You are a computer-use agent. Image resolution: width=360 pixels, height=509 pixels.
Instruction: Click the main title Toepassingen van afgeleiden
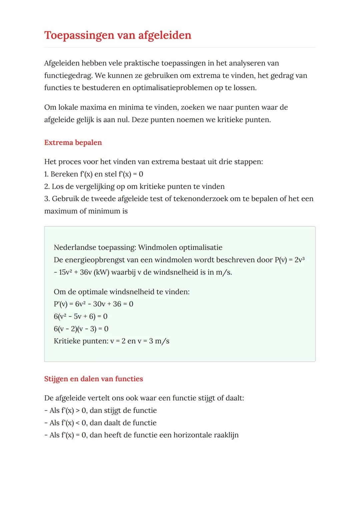tap(118, 35)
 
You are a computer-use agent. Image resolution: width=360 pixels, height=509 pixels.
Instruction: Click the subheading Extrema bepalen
tap(73, 142)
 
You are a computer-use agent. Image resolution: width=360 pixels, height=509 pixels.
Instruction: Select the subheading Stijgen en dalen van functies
tap(93, 379)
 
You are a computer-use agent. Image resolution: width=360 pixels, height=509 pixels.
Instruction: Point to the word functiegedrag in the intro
tap(68, 76)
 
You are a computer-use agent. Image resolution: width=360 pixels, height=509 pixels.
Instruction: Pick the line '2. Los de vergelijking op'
tap(134, 186)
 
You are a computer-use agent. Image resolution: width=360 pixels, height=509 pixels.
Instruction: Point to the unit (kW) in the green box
tap(101, 272)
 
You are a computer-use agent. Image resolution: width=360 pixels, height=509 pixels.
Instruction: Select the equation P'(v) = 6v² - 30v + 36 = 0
tap(93, 304)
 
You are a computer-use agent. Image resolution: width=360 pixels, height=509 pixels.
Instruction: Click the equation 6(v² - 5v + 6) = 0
tap(80, 316)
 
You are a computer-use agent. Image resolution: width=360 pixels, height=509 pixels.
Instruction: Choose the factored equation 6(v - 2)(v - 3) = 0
tap(81, 329)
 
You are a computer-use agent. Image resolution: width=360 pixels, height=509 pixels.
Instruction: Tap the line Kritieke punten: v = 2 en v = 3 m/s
tap(111, 341)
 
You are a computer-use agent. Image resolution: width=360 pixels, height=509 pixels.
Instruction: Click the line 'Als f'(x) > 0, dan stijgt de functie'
tap(100, 410)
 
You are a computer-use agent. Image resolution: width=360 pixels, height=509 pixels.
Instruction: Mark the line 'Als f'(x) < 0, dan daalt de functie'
tap(100, 423)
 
